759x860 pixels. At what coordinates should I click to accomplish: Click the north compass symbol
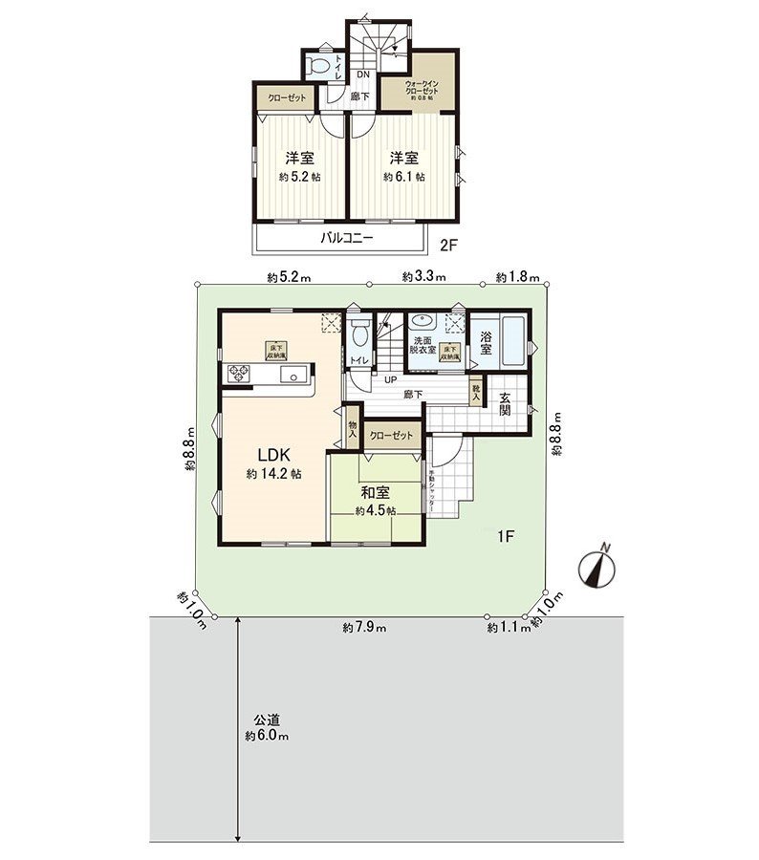click(x=598, y=569)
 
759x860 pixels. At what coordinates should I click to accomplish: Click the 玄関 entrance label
click(x=504, y=403)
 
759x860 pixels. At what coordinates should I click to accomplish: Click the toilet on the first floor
click(x=359, y=335)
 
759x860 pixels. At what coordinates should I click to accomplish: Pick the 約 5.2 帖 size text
click(x=299, y=177)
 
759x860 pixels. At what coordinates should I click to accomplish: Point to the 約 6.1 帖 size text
click(x=404, y=177)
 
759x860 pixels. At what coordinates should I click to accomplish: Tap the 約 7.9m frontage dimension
click(x=364, y=628)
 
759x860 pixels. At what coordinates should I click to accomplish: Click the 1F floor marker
click(x=506, y=537)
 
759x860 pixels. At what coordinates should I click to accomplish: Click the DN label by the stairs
click(x=363, y=75)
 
